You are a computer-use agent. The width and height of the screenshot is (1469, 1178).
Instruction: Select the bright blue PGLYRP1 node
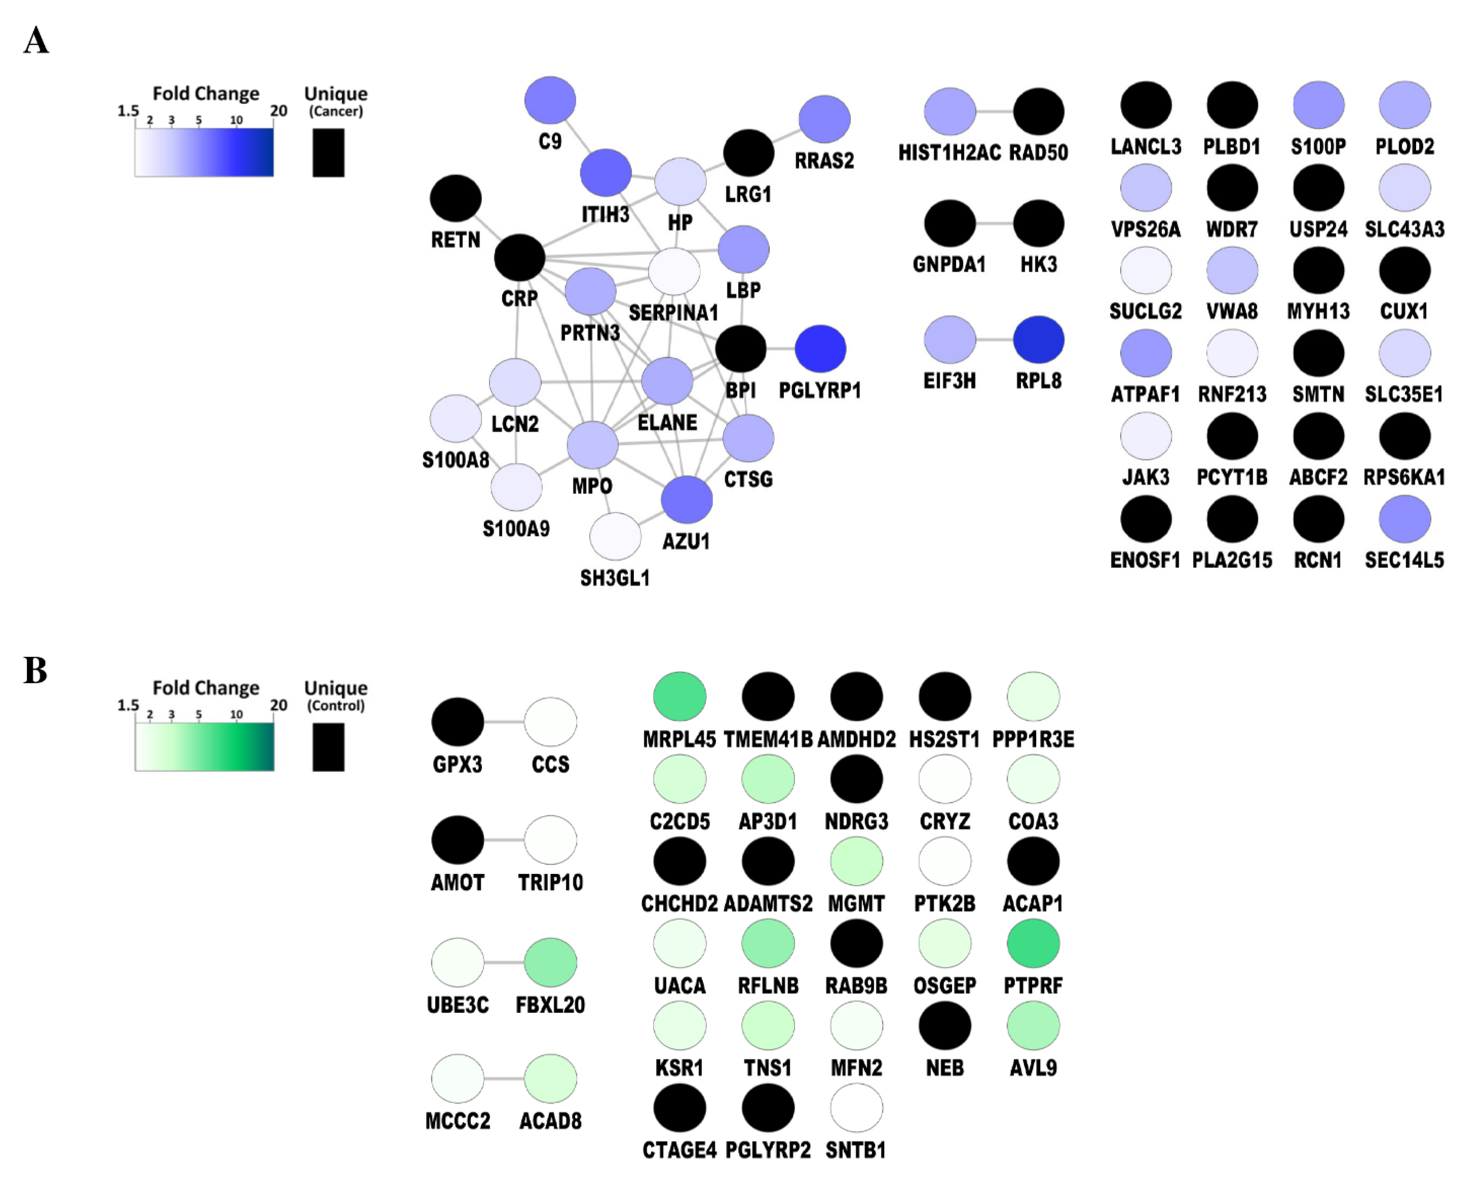(820, 349)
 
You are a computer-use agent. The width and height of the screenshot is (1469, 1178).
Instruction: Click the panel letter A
(36, 41)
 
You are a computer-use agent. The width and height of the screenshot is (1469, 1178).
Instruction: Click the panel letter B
(35, 670)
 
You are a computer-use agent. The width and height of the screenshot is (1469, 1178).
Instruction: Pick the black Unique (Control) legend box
(328, 747)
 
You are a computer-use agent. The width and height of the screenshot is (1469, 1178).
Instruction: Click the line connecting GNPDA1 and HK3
(994, 223)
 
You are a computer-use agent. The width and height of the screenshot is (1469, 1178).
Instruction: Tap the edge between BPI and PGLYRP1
(781, 349)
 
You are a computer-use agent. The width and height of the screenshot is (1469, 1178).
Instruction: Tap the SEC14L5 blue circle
(1404, 519)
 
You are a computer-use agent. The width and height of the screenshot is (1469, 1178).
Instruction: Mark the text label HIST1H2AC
(949, 153)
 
